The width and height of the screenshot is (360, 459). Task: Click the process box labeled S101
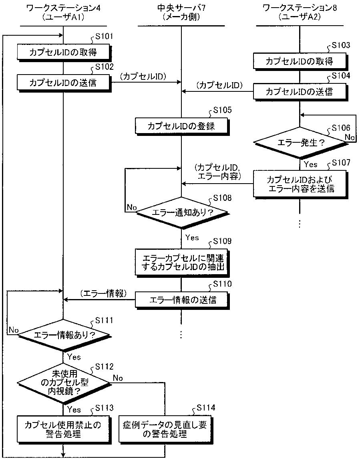(x=64, y=53)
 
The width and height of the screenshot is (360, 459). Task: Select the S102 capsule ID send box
(x=64, y=83)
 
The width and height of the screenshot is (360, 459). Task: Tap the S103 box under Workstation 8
(x=300, y=61)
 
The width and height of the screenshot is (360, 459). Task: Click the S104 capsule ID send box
(x=300, y=92)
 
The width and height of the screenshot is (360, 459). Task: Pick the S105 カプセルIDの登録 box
(x=182, y=126)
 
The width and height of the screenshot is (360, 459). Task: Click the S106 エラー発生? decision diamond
(x=300, y=143)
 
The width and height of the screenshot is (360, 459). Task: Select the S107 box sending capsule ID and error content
(x=300, y=184)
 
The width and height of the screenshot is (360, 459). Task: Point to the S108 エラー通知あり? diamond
(x=182, y=212)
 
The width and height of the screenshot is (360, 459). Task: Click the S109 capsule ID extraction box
(x=182, y=263)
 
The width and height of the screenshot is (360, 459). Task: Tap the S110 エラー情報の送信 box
(x=182, y=300)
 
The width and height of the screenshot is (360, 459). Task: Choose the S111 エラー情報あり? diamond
(x=64, y=335)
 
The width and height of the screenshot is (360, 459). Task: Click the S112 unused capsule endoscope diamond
(x=63, y=382)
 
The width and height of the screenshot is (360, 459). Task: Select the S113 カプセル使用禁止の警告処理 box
(x=64, y=429)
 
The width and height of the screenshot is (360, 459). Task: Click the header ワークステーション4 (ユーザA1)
(x=63, y=12)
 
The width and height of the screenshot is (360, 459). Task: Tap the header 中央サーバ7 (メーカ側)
(x=181, y=12)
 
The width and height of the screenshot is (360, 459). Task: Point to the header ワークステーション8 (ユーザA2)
(x=300, y=12)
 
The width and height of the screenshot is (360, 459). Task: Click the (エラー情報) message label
(x=104, y=293)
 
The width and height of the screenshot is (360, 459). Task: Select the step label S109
(x=222, y=241)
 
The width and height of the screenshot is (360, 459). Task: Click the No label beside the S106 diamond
(x=350, y=137)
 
